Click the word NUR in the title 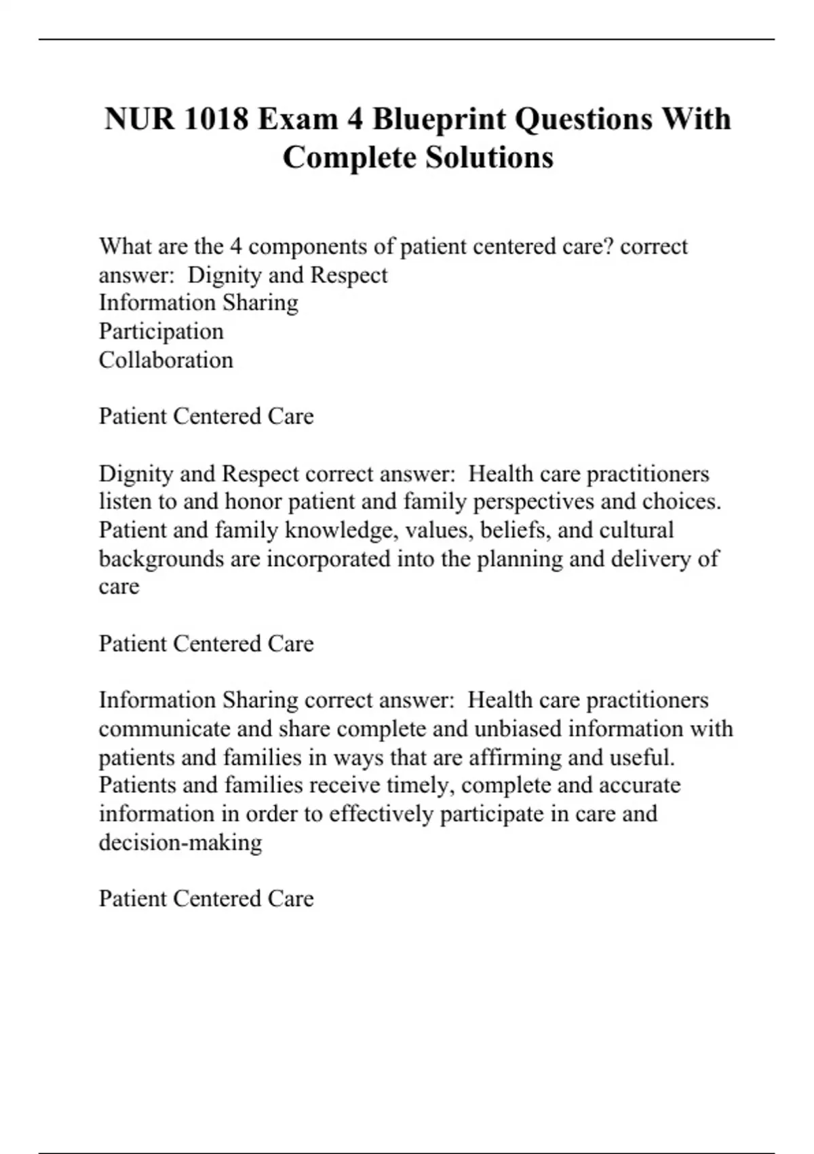[x=139, y=119]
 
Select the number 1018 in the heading [x=216, y=119]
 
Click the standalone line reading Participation [x=161, y=331]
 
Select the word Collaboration [x=166, y=360]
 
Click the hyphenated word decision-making [x=180, y=842]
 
